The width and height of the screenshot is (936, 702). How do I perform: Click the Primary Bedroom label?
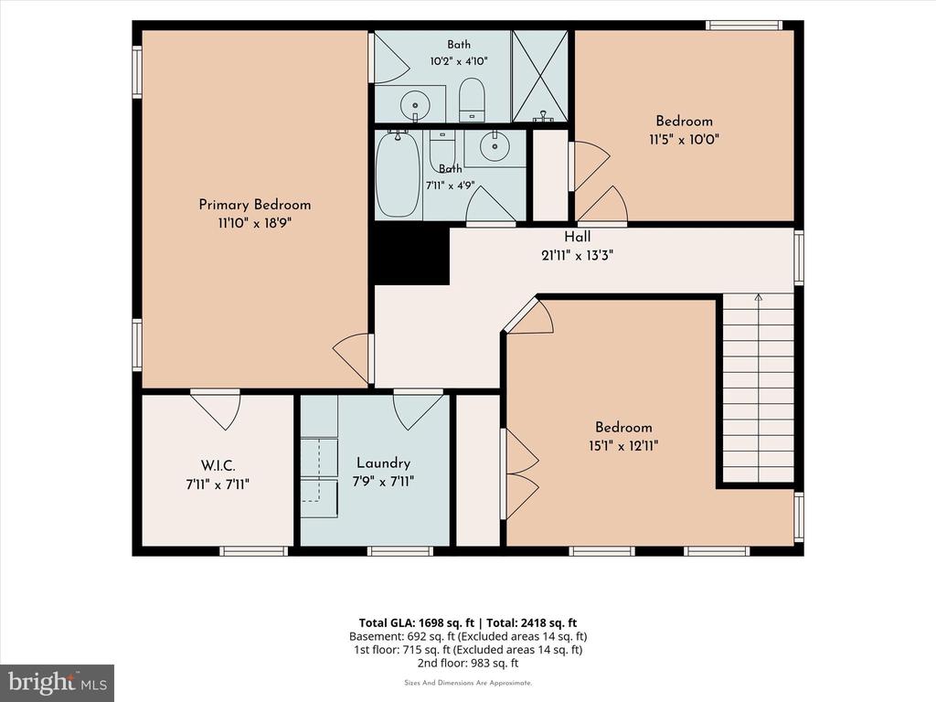click(x=255, y=205)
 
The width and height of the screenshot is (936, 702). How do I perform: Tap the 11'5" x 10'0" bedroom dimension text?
click(x=684, y=140)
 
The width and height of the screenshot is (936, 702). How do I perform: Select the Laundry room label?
click(x=383, y=463)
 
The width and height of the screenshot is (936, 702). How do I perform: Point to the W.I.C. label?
click(x=218, y=465)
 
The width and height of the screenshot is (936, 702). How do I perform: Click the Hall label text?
click(x=578, y=237)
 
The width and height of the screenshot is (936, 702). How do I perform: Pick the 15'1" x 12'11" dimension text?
click(x=623, y=446)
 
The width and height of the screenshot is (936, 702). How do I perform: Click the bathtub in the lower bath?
click(x=399, y=175)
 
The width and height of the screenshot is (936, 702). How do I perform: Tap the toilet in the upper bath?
click(x=472, y=100)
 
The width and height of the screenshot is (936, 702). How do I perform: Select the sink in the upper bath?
click(x=414, y=106)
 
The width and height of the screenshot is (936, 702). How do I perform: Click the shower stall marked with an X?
click(x=540, y=77)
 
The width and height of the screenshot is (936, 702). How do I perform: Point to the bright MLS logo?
click(x=58, y=683)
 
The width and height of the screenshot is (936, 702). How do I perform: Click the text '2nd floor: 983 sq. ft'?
click(x=468, y=663)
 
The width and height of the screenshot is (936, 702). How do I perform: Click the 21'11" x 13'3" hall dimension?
click(x=578, y=256)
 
